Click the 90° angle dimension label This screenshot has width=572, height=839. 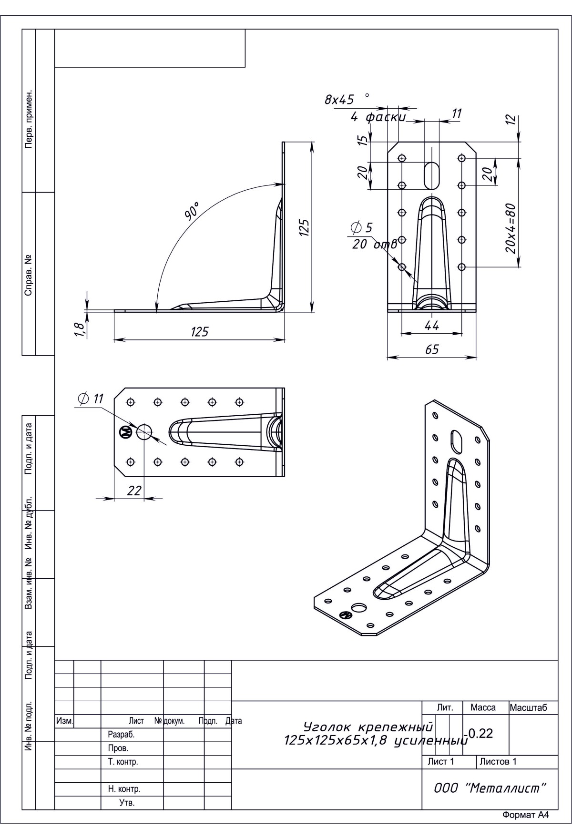[193, 210]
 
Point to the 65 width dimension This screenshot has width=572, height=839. [432, 349]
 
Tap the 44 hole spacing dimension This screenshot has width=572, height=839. [432, 326]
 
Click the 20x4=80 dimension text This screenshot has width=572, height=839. [511, 228]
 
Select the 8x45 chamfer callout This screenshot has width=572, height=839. [339, 100]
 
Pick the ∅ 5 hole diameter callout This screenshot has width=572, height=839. [361, 228]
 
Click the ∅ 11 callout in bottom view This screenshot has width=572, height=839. [90, 399]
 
